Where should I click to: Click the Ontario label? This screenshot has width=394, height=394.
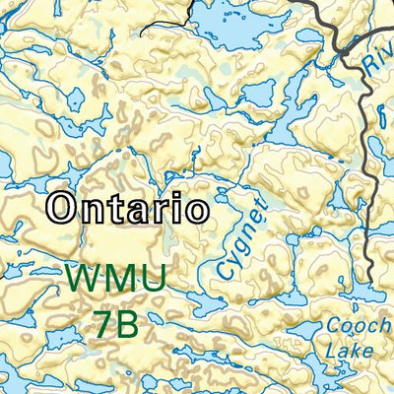128,208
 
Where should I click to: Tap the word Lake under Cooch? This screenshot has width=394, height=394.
349,351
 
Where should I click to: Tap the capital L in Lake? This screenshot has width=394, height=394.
329,351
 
